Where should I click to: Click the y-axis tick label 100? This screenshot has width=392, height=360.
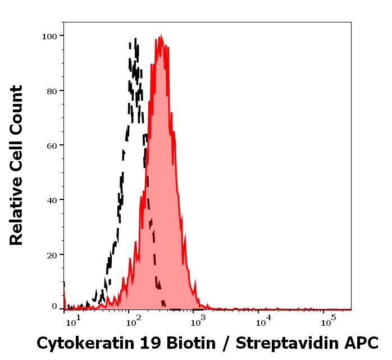[49, 37]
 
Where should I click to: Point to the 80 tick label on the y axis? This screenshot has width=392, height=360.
[52, 91]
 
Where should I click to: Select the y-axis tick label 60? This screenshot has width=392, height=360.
[52, 145]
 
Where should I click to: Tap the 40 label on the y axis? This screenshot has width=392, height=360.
[52, 200]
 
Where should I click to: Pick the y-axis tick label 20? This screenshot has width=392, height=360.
[52, 255]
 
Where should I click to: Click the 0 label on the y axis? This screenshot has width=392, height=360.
[54, 307]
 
